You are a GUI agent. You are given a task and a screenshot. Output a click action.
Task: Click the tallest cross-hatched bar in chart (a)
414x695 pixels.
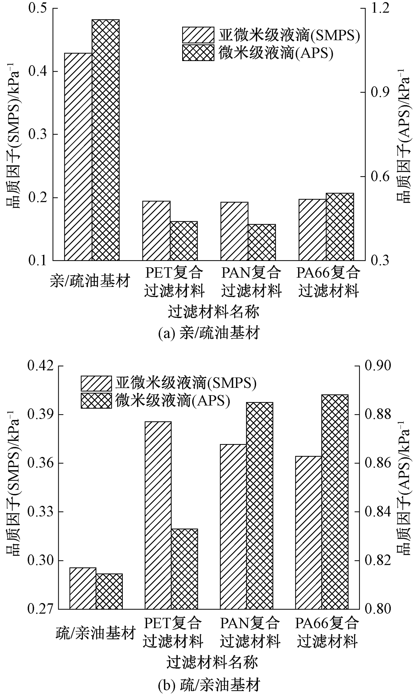click(x=106, y=139)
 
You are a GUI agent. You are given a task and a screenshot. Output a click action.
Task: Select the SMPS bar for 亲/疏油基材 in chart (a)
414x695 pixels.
click(x=78, y=156)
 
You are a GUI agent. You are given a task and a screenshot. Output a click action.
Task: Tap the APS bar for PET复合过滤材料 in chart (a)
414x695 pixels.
click(x=184, y=241)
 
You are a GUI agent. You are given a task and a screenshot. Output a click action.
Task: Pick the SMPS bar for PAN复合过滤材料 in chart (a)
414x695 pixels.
click(x=234, y=231)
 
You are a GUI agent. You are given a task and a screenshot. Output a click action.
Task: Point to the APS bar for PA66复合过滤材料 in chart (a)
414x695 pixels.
click(x=340, y=227)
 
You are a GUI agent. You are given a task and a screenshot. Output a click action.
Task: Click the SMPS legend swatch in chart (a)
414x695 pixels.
click(x=198, y=35)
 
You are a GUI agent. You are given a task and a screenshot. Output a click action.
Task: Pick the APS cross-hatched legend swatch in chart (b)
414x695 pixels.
click(x=96, y=401)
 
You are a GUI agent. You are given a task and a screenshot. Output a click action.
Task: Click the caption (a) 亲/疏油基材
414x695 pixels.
click(x=209, y=333)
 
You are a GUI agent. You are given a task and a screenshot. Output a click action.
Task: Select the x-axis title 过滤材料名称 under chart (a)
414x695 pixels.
click(x=213, y=312)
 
